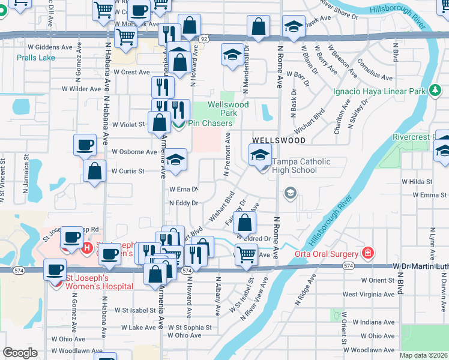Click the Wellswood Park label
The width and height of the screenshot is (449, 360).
(x=228, y=109)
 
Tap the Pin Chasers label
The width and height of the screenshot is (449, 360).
(x=209, y=124)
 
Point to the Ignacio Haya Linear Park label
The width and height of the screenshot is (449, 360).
(x=379, y=92)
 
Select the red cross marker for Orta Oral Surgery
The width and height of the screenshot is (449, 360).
(x=367, y=253)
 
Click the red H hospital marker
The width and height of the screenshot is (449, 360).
(x=86, y=247)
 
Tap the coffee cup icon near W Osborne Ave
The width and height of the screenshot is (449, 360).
(x=85, y=145)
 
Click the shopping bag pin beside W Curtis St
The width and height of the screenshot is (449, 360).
(x=95, y=170)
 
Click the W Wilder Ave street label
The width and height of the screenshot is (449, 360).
(x=82, y=89)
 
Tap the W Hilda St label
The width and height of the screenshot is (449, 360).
(x=417, y=181)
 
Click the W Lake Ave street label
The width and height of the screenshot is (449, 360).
(x=138, y=328)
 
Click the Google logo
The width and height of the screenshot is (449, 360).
(x=20, y=353)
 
